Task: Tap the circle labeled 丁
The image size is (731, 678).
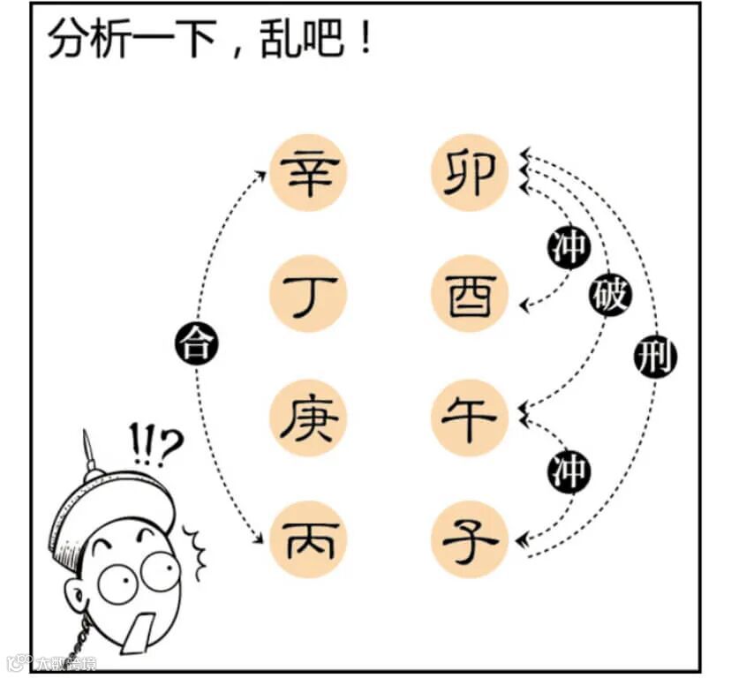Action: (309, 294)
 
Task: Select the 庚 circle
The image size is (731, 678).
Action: (309, 417)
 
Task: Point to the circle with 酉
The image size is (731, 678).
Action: (469, 294)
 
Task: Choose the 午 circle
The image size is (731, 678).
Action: (469, 417)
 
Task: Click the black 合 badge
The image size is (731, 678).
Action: (197, 343)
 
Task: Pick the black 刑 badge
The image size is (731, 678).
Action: (654, 358)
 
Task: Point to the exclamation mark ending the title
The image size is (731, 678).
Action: (365, 39)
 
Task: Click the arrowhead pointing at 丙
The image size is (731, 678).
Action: (261, 539)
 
